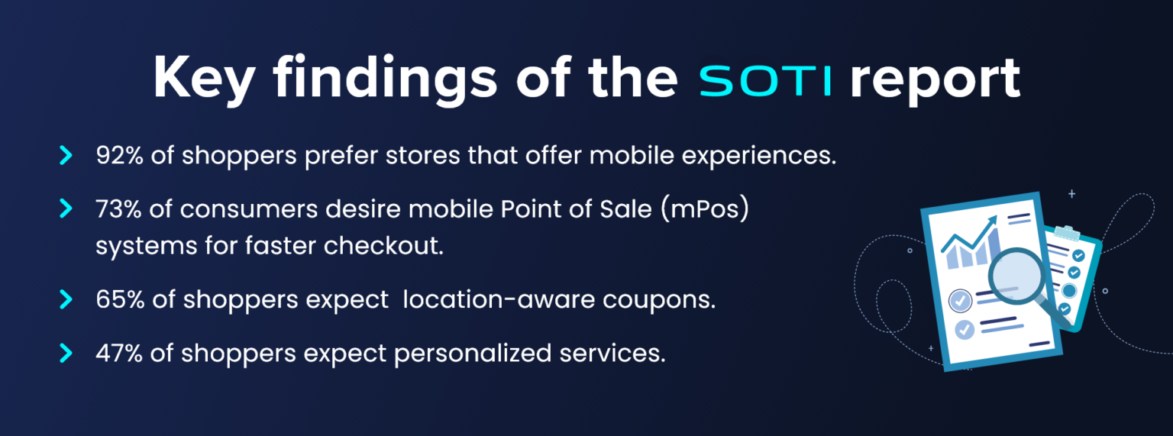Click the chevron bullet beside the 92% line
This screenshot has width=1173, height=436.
pyautogui.click(x=66, y=156)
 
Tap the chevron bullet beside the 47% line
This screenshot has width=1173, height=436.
pyautogui.click(x=66, y=353)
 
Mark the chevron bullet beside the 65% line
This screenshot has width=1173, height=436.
pyautogui.click(x=66, y=299)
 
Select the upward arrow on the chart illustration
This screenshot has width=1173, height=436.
pyautogui.click(x=990, y=223)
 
